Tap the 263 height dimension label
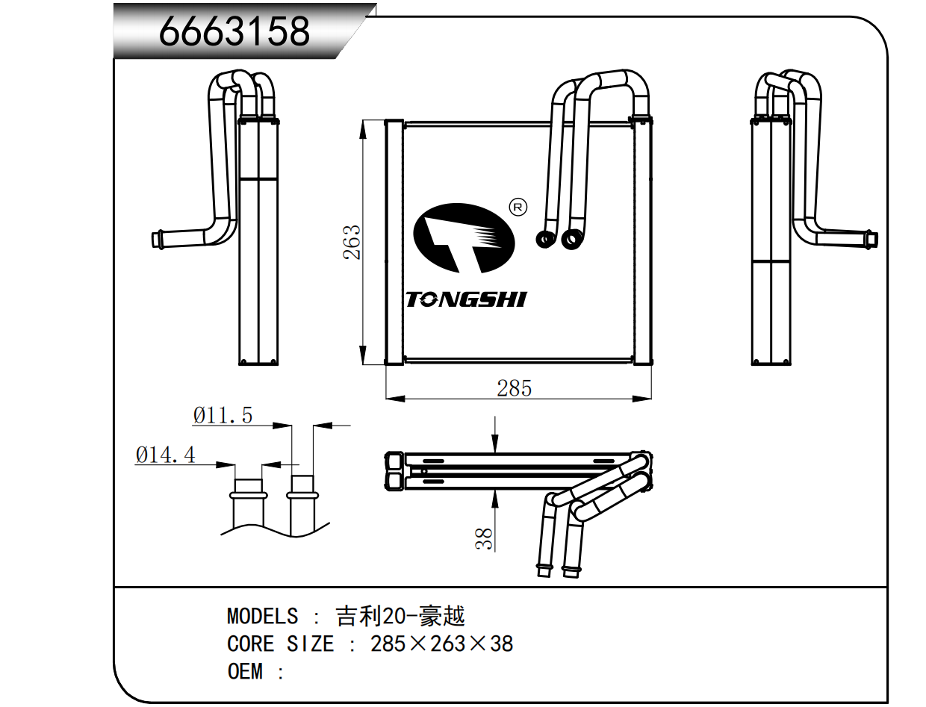click(x=352, y=242)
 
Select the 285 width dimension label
click(x=515, y=388)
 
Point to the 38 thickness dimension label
click(x=485, y=538)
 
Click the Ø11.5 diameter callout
click(x=223, y=415)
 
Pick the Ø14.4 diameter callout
click(x=166, y=455)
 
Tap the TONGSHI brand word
click(x=466, y=300)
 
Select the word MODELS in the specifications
click(x=262, y=617)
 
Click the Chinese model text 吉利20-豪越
click(x=400, y=617)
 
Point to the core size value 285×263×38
click(x=442, y=644)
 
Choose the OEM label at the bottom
click(x=245, y=671)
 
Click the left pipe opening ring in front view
click(x=544, y=239)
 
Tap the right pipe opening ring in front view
click(x=573, y=239)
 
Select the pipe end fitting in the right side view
click(x=871, y=240)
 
